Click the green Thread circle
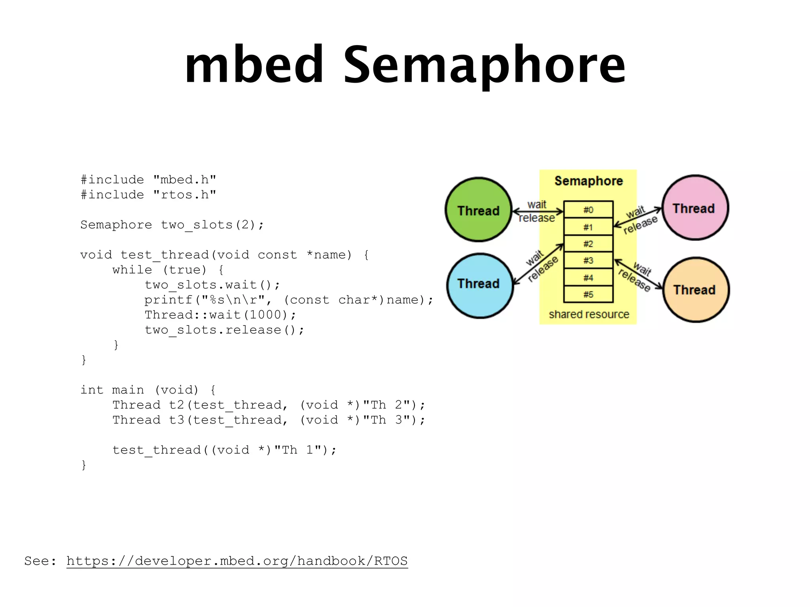point(478,209)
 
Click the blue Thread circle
point(479,285)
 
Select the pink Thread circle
point(695,207)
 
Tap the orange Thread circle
point(696,290)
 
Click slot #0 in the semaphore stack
point(588,209)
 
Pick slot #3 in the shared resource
point(588,260)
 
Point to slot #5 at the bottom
point(588,294)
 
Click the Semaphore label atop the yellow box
point(588,181)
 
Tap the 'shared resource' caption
point(589,314)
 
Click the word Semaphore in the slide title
point(484,65)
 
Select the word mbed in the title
point(254,65)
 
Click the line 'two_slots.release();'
point(224,330)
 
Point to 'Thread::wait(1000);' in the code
point(220,315)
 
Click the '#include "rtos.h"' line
point(148,194)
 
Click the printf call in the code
point(289,300)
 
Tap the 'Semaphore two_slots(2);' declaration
point(172,224)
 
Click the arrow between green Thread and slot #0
point(537,211)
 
